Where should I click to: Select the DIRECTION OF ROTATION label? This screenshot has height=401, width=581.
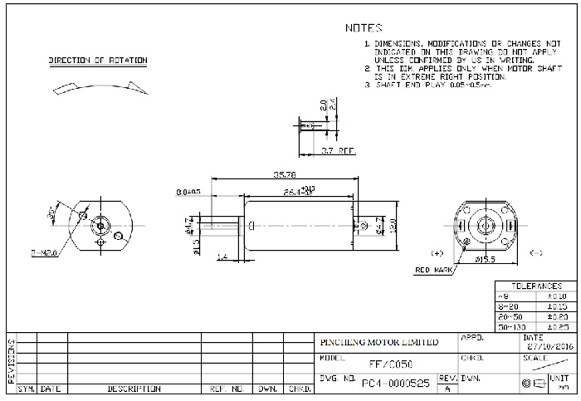point(98,61)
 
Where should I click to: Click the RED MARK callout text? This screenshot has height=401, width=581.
point(433,271)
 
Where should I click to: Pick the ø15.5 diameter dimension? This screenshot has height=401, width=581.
point(486,261)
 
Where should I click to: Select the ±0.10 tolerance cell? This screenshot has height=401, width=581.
point(556,296)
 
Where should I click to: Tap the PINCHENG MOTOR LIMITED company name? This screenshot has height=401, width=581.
point(379,342)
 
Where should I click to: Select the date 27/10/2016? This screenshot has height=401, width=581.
point(549,347)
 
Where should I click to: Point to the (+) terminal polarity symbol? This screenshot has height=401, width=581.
point(437,252)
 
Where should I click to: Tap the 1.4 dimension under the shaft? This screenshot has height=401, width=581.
point(222,258)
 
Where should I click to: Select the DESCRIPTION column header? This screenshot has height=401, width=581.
point(134,389)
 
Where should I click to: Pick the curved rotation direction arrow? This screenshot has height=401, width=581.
point(98,86)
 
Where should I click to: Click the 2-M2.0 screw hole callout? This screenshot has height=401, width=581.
point(44,250)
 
